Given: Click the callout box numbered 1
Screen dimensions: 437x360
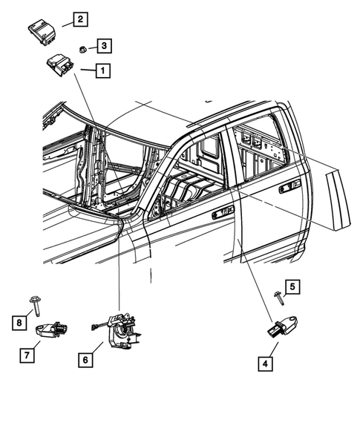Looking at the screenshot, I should (x=102, y=72).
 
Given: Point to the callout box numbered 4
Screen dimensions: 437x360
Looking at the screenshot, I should (x=264, y=364).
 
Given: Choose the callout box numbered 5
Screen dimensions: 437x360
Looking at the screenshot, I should (x=292, y=286).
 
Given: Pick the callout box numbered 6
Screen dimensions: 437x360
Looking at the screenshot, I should (x=86, y=360).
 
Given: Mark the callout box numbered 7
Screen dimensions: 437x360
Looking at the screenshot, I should (x=26, y=355).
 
